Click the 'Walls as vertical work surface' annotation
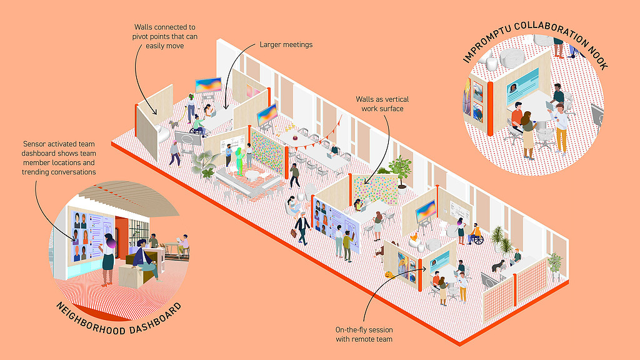pyautogui.click(x=379, y=104)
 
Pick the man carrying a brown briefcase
pyautogui.click(x=302, y=227)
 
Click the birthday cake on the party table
pyautogui.click(x=292, y=136)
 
